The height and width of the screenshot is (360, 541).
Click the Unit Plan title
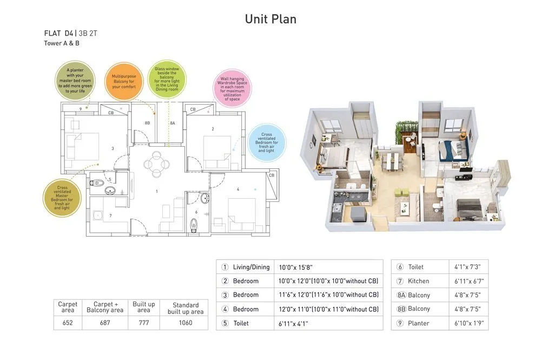click(x=270, y=19)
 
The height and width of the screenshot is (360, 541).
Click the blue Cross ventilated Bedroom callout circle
click(x=266, y=142)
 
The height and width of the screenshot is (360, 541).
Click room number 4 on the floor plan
click(x=237, y=189)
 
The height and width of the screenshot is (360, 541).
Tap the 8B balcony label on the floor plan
click(x=147, y=123)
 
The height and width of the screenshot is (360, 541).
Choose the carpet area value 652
click(x=68, y=323)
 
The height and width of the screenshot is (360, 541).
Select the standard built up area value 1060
click(x=186, y=323)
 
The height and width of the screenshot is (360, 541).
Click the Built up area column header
click(x=144, y=307)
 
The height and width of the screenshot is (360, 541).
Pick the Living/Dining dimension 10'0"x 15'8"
click(x=296, y=267)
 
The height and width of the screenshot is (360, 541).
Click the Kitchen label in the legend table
click(x=418, y=281)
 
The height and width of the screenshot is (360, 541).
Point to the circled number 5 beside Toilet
click(x=225, y=323)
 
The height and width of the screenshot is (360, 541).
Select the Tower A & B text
click(x=62, y=43)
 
